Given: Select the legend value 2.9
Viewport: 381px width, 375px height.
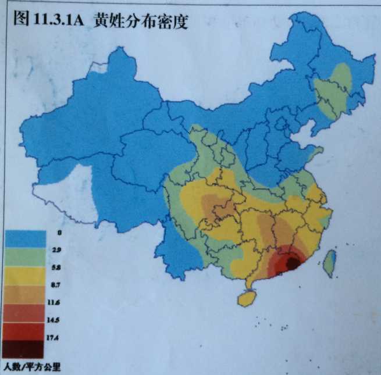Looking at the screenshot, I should (56, 249).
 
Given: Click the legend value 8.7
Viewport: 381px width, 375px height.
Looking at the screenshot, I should (56, 286).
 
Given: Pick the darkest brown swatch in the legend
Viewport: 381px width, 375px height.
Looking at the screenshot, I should (24, 349).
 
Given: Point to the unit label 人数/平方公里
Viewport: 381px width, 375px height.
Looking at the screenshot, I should (32, 367).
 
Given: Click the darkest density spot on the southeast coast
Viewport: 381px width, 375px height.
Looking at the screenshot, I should (293, 263).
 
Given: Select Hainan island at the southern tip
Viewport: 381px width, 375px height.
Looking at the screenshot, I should (247, 298).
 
